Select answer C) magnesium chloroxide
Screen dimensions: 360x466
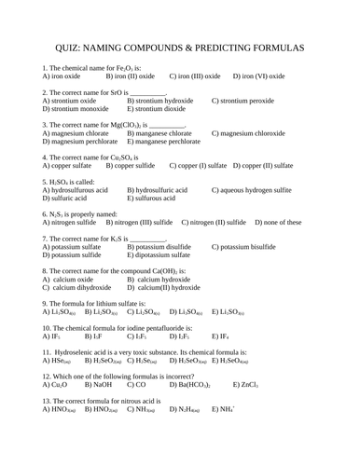[253, 132]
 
